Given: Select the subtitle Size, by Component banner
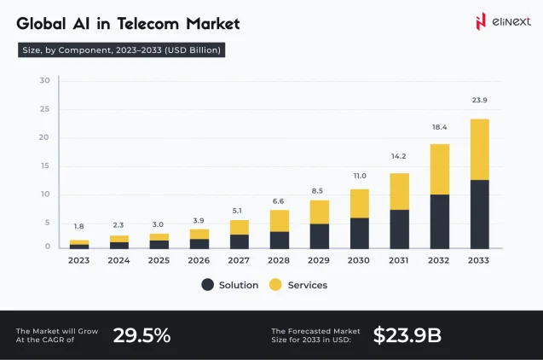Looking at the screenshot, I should coord(121,50).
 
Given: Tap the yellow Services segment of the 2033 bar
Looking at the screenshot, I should coord(480,149).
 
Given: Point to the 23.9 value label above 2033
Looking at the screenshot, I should coord(480,100).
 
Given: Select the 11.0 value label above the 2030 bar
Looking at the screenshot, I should coord(359,175).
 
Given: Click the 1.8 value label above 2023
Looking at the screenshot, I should coord(78,226).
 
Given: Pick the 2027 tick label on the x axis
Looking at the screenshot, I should coord(239,259).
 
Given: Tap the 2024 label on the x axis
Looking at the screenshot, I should coord(118,259).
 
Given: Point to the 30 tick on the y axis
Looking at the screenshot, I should coord(44,81).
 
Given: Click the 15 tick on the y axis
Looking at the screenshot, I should coord(44,165).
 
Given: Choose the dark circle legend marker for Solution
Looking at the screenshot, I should coord(208,285).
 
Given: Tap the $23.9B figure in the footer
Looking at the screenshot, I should coord(407,335).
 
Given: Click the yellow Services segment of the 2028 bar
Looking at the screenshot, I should coord(279,220).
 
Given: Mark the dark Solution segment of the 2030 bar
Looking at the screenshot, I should coord(359,233).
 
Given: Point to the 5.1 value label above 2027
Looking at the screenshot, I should coord(239,209).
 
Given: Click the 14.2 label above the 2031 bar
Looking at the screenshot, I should coord(399,156).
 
